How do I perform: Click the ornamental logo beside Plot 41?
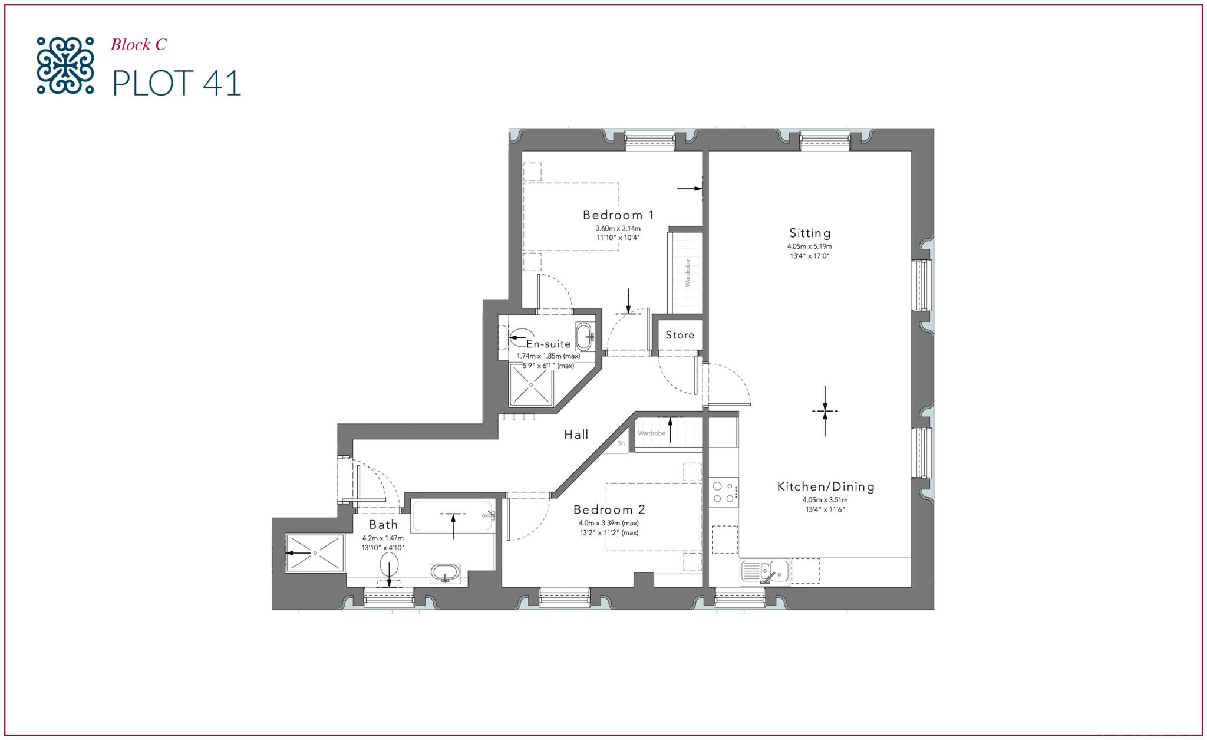point(65,65)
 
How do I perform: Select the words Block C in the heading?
point(138,45)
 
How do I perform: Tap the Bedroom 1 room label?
point(618,215)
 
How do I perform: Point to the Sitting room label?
point(810,233)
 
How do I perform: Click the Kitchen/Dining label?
point(826,486)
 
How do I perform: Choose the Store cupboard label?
point(680,335)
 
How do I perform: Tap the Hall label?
point(576,435)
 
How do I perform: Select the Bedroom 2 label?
point(609,509)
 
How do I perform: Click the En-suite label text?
point(548,344)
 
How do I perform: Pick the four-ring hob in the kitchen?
point(723,492)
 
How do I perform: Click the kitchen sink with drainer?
point(764,571)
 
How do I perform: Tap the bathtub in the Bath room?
point(453,516)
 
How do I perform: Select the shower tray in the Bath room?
point(315,552)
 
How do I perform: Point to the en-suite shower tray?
point(531,384)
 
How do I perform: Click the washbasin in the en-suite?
point(585,337)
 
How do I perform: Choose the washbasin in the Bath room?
point(445,573)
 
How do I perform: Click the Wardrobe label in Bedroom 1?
point(687,273)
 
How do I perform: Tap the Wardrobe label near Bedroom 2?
point(651,433)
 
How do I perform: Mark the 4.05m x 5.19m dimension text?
point(809,246)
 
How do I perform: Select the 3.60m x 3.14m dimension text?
point(618,228)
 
